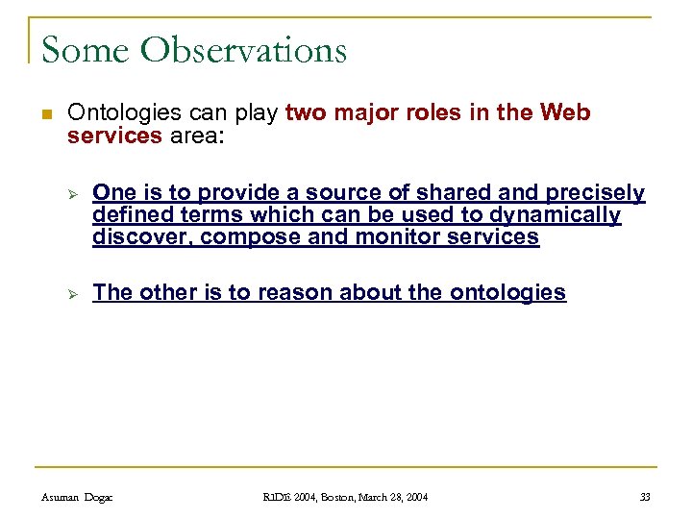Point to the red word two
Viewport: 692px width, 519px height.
pos(307,113)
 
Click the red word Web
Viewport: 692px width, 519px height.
pos(565,113)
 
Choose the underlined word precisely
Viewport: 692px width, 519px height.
pos(598,193)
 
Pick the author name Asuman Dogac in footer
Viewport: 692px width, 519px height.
pos(78,497)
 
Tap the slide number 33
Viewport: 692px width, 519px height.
pos(645,497)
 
